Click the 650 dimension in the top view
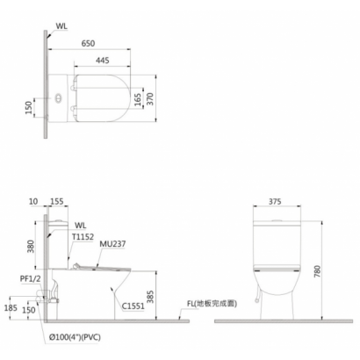coord(88,43)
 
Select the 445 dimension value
coord(103,61)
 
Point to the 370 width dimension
coord(149,99)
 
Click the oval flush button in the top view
coord(59,98)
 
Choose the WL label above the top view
coord(61,26)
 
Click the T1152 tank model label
coord(83,237)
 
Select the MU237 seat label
coord(112,244)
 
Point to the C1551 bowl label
coord(133,306)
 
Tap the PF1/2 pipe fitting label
coord(31,279)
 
